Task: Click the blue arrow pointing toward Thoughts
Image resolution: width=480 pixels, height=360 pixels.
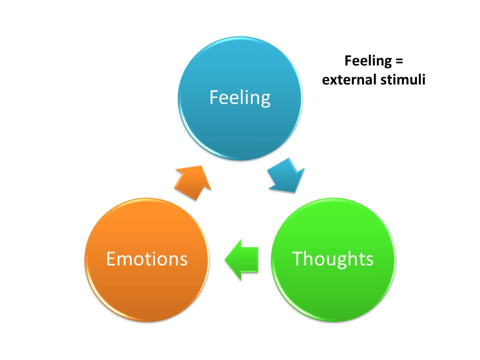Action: pos(286,175)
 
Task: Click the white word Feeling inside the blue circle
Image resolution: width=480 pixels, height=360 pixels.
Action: pos(240,97)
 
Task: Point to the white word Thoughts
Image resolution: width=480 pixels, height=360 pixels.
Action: pos(332,258)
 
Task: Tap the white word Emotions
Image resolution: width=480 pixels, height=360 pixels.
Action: pos(146,258)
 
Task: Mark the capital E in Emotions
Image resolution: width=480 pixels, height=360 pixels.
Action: pos(110,258)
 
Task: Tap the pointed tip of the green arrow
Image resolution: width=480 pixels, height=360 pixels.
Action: pos(226,258)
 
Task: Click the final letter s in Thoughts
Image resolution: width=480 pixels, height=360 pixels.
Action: pos(369,259)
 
